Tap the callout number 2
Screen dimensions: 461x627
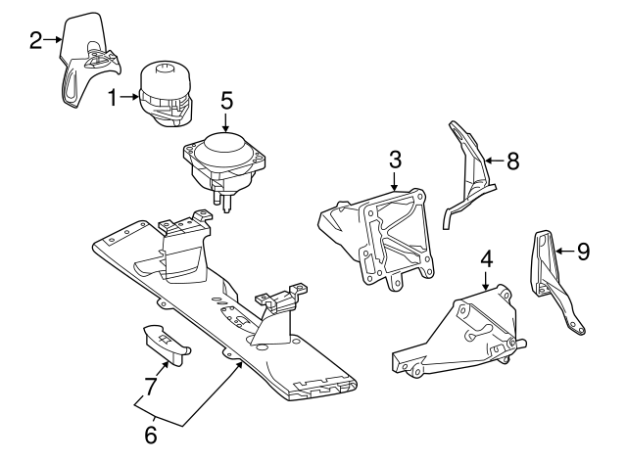click(x=35, y=40)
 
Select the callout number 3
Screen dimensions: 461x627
click(x=395, y=159)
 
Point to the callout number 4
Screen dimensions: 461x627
click(x=486, y=259)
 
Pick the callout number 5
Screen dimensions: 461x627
click(x=226, y=100)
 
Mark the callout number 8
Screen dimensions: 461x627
click(x=512, y=161)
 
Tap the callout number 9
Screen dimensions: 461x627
click(x=583, y=253)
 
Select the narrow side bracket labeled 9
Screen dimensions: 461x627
click(x=554, y=284)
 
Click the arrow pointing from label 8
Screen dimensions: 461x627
click(x=492, y=161)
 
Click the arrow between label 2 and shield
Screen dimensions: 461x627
click(x=54, y=40)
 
